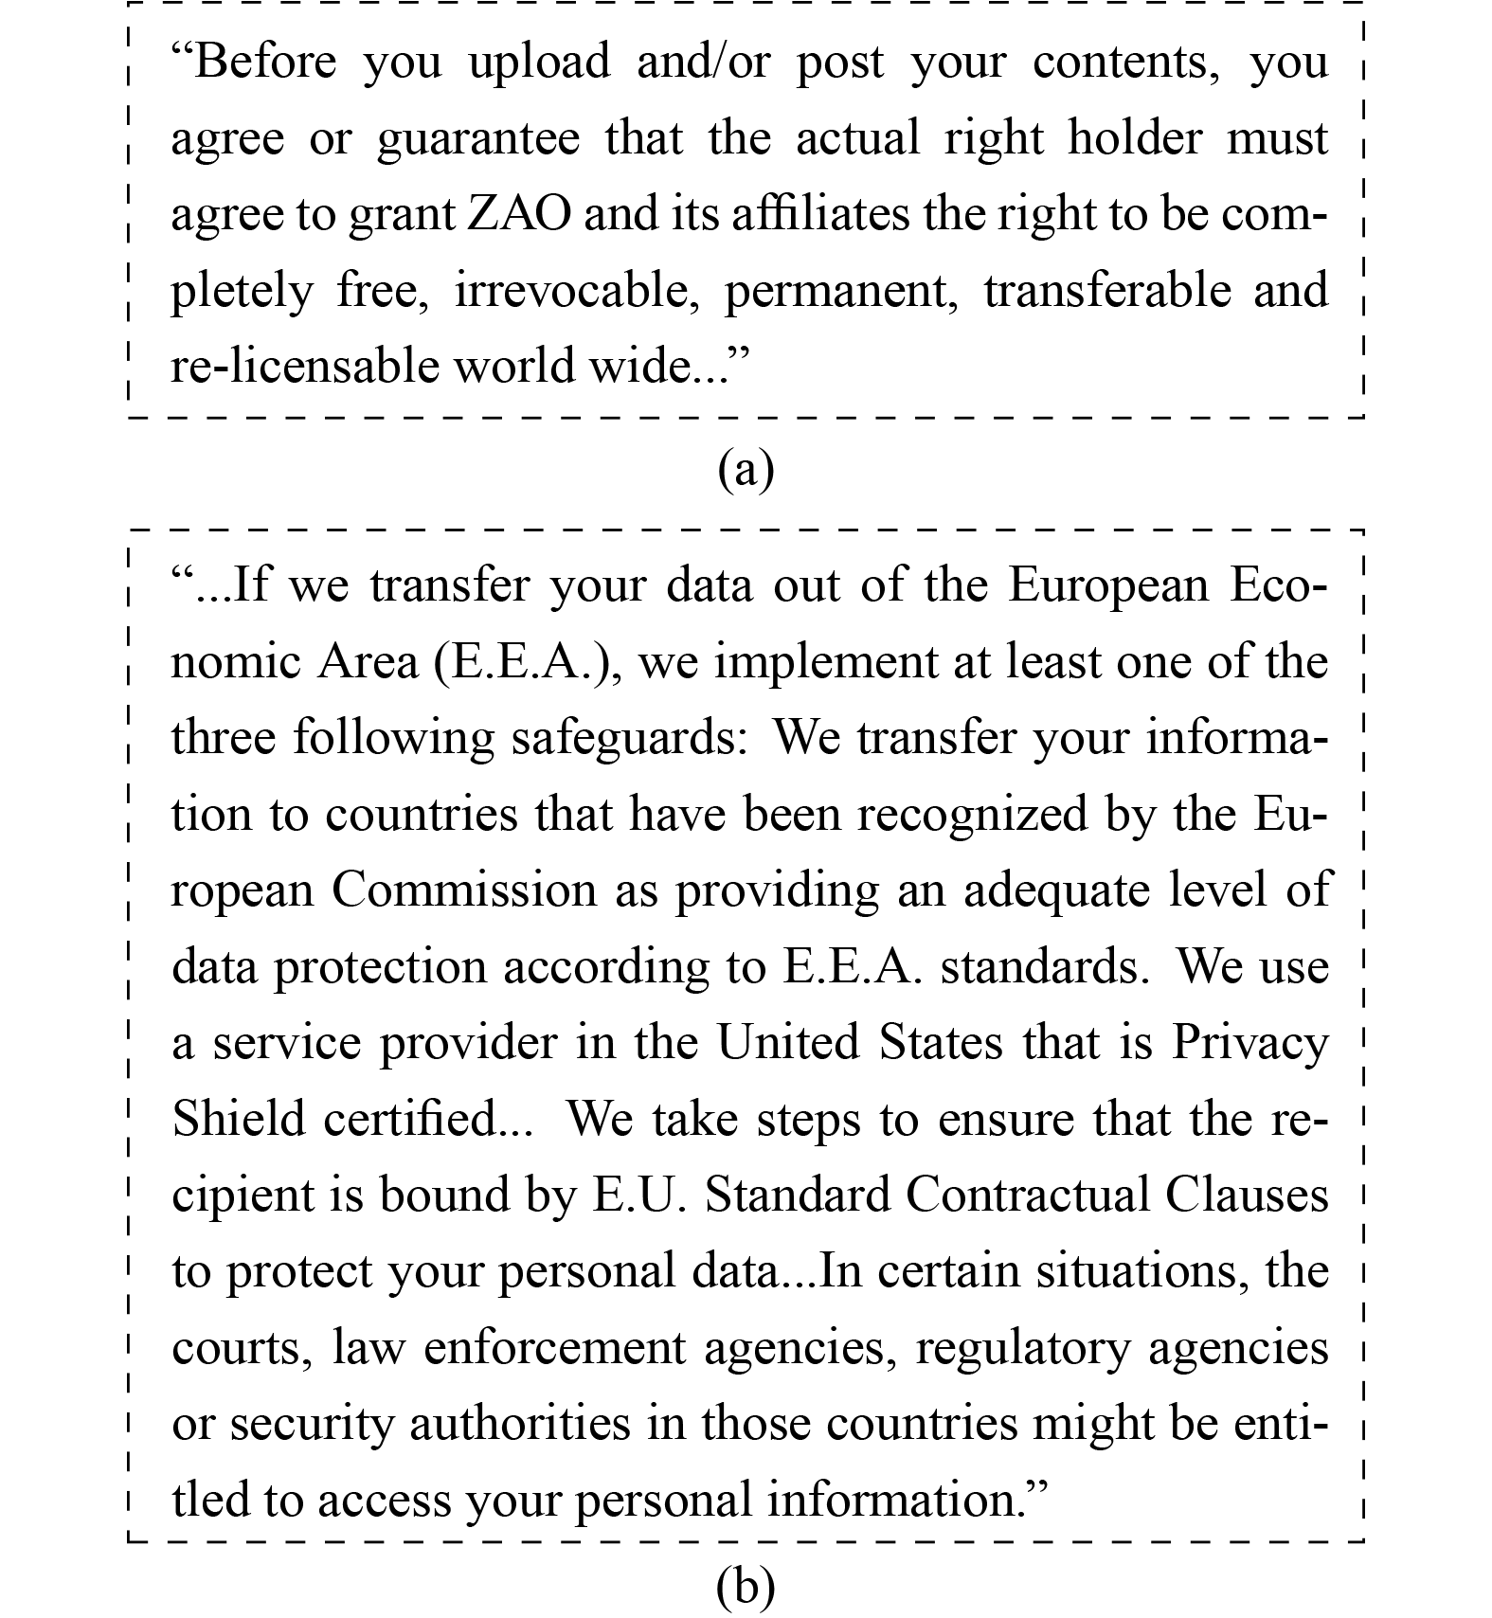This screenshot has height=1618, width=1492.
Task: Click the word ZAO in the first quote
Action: (520, 214)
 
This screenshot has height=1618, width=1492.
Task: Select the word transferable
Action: (1107, 291)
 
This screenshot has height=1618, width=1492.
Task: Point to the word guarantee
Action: (478, 139)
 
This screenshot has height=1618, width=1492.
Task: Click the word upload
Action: (540, 63)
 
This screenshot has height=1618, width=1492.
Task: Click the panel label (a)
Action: (746, 469)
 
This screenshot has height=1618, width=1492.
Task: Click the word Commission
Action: (464, 890)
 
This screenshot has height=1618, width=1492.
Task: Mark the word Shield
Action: (238, 1119)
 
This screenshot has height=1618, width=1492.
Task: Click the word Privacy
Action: (1250, 1043)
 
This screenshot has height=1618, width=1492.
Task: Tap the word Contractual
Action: (1027, 1196)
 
